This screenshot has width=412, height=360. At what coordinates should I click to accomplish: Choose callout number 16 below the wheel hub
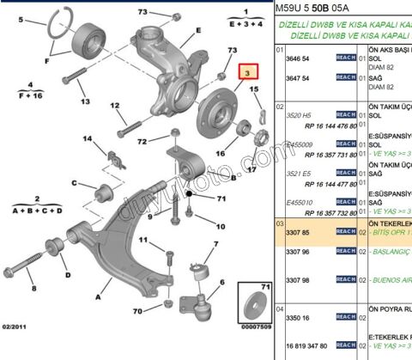pyautogui.click(x=221, y=155)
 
